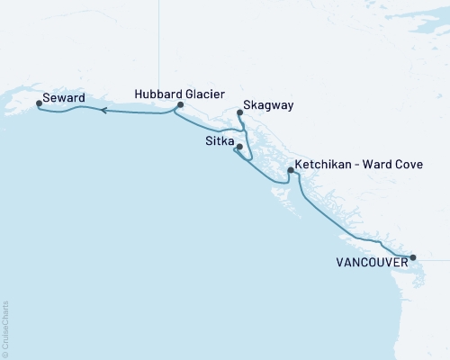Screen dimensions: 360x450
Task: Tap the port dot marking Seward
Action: [38, 103]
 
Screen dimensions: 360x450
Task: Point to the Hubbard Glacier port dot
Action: [180, 105]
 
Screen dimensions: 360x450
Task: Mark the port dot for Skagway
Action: [239, 112]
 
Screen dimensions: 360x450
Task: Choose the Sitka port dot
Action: [239, 147]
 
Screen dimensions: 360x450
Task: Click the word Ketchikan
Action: [325, 166]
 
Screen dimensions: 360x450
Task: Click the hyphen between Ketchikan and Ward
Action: [359, 166]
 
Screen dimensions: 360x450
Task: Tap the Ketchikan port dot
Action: [290, 170]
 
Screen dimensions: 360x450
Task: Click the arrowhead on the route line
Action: [103, 111]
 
